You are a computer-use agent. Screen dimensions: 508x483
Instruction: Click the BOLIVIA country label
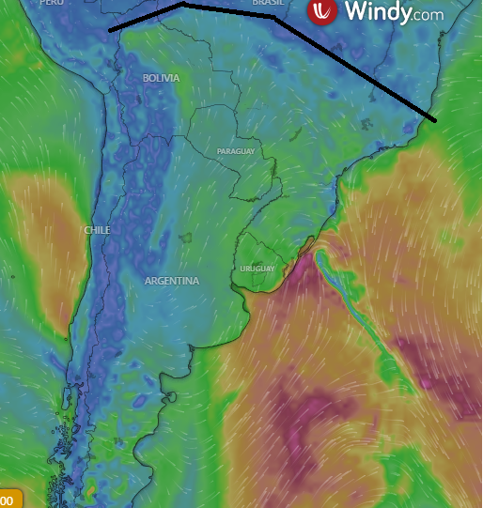(x=161, y=78)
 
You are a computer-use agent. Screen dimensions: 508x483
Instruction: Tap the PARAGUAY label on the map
(x=235, y=151)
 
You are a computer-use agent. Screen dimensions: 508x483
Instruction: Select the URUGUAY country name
(x=257, y=269)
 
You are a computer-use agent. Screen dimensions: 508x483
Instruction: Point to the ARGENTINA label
(x=172, y=281)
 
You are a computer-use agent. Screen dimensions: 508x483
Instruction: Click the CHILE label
(x=97, y=230)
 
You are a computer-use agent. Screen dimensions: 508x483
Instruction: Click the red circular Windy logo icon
(x=322, y=12)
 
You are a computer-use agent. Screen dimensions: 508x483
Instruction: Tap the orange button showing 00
(x=8, y=500)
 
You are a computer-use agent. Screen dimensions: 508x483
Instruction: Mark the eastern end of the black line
(x=435, y=121)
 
